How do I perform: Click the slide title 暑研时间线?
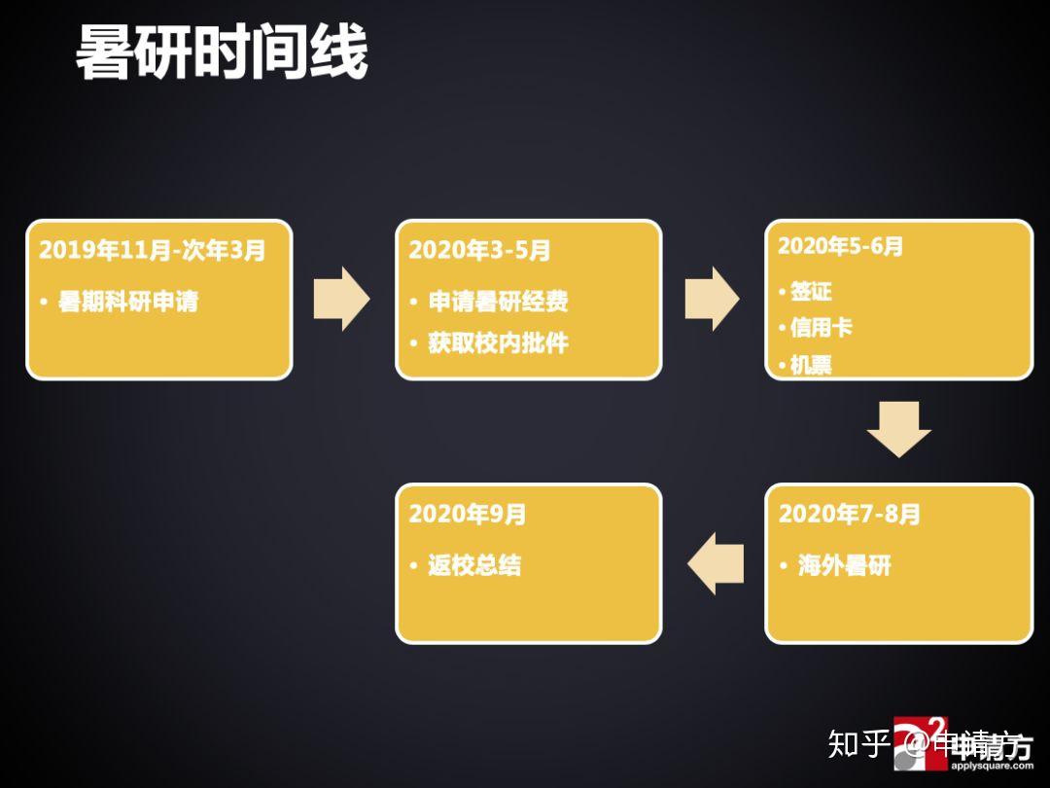point(222,54)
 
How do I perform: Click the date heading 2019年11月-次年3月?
point(152,250)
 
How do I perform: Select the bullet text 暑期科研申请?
point(127,303)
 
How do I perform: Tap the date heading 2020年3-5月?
point(479,250)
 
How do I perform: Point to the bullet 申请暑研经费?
point(498,303)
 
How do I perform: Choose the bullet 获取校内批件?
point(498,343)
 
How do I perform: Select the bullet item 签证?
point(810,291)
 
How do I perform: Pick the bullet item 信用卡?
point(821,328)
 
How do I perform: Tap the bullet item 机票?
point(810,366)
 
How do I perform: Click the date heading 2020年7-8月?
point(849,514)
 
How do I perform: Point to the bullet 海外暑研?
point(844,566)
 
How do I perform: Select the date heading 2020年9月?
point(467,514)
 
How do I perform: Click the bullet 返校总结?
point(474,566)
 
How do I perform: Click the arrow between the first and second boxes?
point(341,299)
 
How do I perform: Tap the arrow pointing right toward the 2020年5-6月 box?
point(712,299)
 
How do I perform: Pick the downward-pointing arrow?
point(898,428)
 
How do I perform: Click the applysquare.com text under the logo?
point(992,766)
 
